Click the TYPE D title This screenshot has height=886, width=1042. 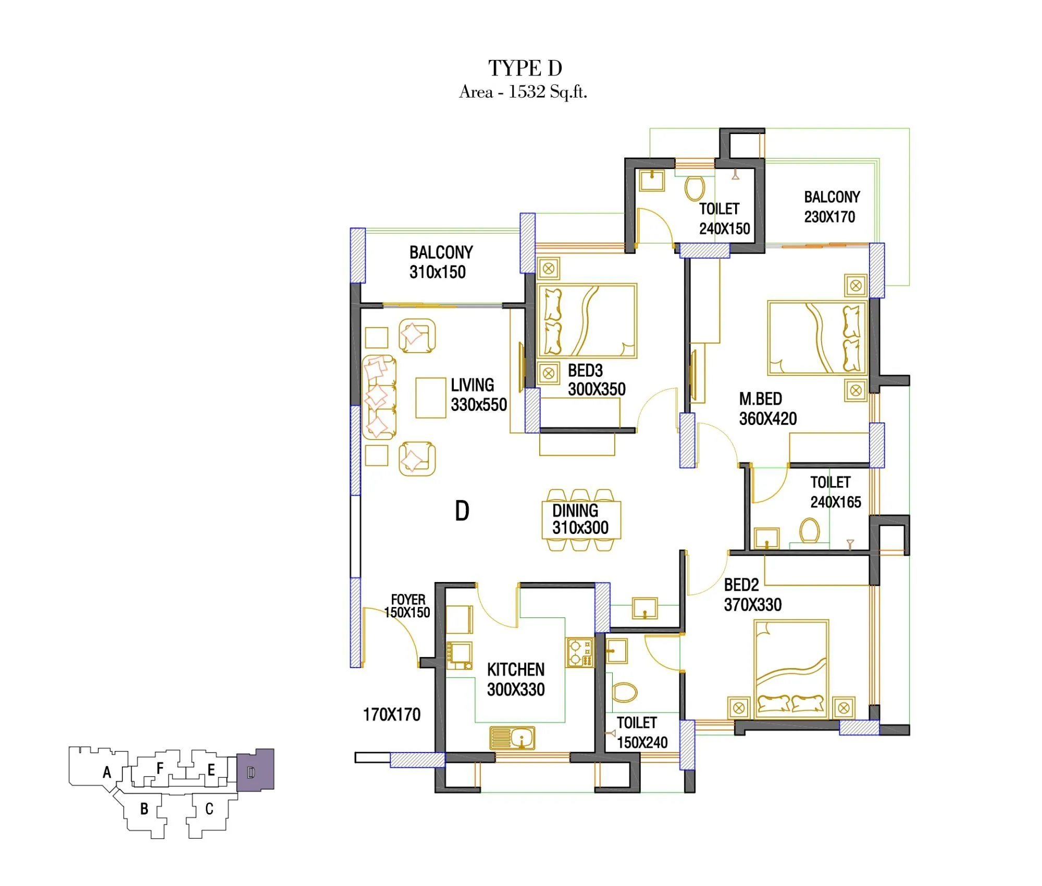525,68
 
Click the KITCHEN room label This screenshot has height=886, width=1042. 516,670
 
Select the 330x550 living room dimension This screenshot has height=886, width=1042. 479,405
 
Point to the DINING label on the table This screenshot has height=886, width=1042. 575,511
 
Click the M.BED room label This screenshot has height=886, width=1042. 761,399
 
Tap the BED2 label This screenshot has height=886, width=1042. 741,585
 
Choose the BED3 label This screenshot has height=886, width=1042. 585,371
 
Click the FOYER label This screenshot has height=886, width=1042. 408,600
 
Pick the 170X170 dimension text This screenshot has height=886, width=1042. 392,714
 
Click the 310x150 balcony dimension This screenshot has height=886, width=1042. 438,272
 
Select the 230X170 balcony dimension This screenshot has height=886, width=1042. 829,217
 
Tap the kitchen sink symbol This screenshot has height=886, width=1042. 512,737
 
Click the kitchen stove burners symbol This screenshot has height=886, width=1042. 579,652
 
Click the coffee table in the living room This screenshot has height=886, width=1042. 430,398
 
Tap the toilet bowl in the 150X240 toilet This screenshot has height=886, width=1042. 625,693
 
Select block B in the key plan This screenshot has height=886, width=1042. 144,809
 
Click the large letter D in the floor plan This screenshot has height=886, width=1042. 462,511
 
